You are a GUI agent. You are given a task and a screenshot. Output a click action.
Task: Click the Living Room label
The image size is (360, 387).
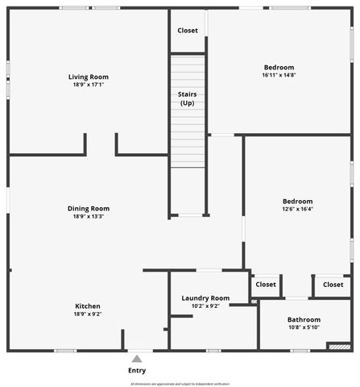point(87,77)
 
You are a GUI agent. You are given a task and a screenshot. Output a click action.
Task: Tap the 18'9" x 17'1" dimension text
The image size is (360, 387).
point(87,84)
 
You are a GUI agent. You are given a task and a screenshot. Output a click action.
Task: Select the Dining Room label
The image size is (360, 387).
point(88,209)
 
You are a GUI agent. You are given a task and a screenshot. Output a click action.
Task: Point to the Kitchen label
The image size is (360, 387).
point(88,306)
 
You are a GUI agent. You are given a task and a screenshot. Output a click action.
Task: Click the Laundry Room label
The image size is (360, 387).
point(205,298)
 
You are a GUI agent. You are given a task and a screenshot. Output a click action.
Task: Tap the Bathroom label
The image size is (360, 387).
point(304,320)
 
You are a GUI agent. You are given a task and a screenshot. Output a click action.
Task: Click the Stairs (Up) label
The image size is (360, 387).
point(187,98)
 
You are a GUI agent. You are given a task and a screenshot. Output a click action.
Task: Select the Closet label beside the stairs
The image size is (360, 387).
point(188,31)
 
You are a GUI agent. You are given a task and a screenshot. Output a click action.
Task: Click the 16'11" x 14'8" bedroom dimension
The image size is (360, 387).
point(279,75)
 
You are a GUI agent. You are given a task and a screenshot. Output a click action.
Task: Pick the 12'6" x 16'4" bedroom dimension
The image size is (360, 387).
point(297,209)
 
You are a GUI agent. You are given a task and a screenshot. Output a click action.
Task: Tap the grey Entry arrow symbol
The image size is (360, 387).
point(137,358)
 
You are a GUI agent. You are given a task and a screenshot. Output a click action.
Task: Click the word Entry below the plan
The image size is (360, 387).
point(137,371)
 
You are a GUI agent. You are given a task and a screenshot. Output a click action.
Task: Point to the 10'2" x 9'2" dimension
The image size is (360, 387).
point(205,306)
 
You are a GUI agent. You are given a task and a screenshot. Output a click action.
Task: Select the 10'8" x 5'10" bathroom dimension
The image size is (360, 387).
point(304,328)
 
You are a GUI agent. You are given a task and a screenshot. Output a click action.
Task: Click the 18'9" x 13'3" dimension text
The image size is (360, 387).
point(88,216)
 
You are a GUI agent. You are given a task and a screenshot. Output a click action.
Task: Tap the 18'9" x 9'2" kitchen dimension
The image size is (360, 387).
point(88,314)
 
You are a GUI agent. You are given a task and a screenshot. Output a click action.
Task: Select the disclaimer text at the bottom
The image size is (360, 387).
point(180,384)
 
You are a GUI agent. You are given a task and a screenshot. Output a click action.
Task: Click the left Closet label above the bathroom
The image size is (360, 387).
point(265,285)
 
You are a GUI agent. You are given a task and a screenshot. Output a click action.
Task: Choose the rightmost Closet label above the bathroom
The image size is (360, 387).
point(333,285)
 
